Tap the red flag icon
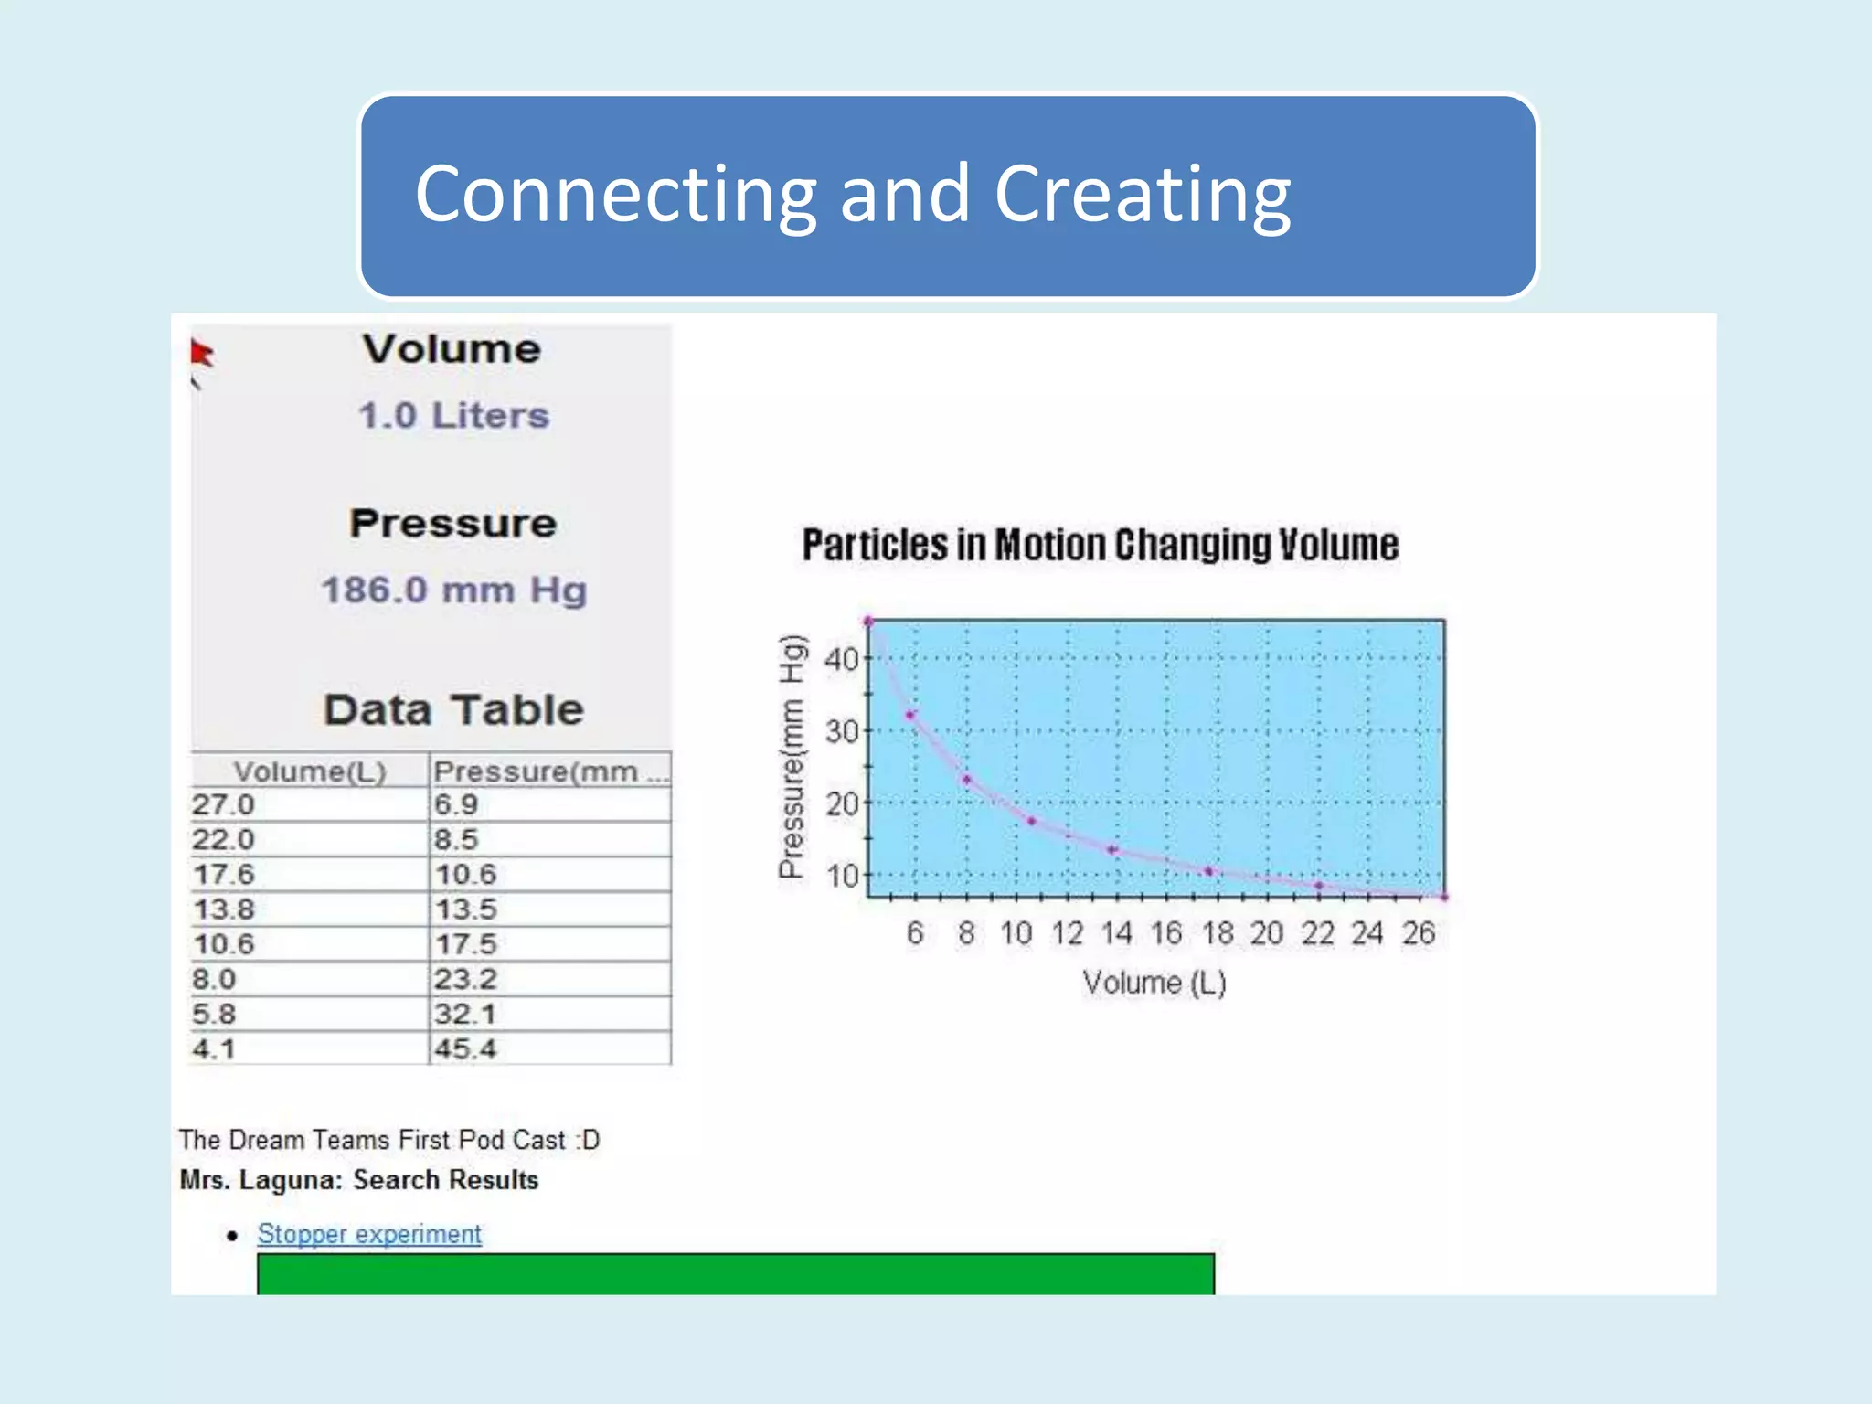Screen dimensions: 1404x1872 point(201,353)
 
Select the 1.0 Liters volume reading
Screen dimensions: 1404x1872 point(453,416)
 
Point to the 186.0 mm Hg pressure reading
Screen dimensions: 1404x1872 point(453,590)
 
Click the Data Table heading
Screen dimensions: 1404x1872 point(453,710)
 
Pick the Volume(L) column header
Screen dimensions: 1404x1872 point(310,771)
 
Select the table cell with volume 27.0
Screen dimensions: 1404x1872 point(223,805)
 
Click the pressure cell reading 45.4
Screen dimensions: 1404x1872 point(465,1049)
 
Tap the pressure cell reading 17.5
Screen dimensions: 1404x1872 point(465,944)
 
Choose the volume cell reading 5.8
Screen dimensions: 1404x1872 point(214,1015)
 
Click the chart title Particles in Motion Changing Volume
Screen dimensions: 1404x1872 point(1101,546)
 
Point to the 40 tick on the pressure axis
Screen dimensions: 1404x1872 point(841,659)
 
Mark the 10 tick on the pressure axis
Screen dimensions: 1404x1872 point(841,877)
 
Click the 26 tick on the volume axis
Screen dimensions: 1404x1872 point(1419,933)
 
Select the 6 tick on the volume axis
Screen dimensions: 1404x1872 point(915,933)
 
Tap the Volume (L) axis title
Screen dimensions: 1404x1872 point(1154,984)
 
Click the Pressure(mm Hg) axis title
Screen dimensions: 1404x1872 point(792,757)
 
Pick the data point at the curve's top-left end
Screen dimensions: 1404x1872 point(869,622)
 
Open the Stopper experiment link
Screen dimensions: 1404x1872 point(369,1234)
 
